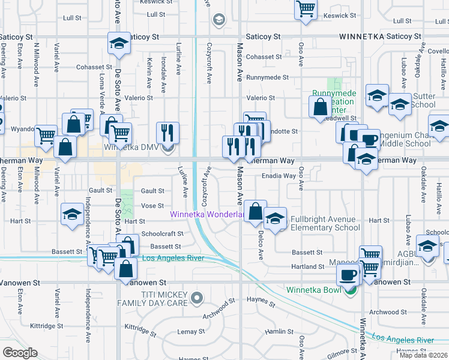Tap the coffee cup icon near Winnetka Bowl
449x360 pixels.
coord(348,275)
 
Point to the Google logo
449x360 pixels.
coord(20,353)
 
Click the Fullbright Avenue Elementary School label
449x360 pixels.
coord(324,223)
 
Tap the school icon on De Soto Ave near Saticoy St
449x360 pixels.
coord(119,43)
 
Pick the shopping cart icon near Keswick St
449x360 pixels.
coord(306,8)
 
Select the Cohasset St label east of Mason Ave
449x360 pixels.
coord(264,57)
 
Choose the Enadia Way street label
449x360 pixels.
coord(279,176)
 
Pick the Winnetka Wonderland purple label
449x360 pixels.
coord(206,214)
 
